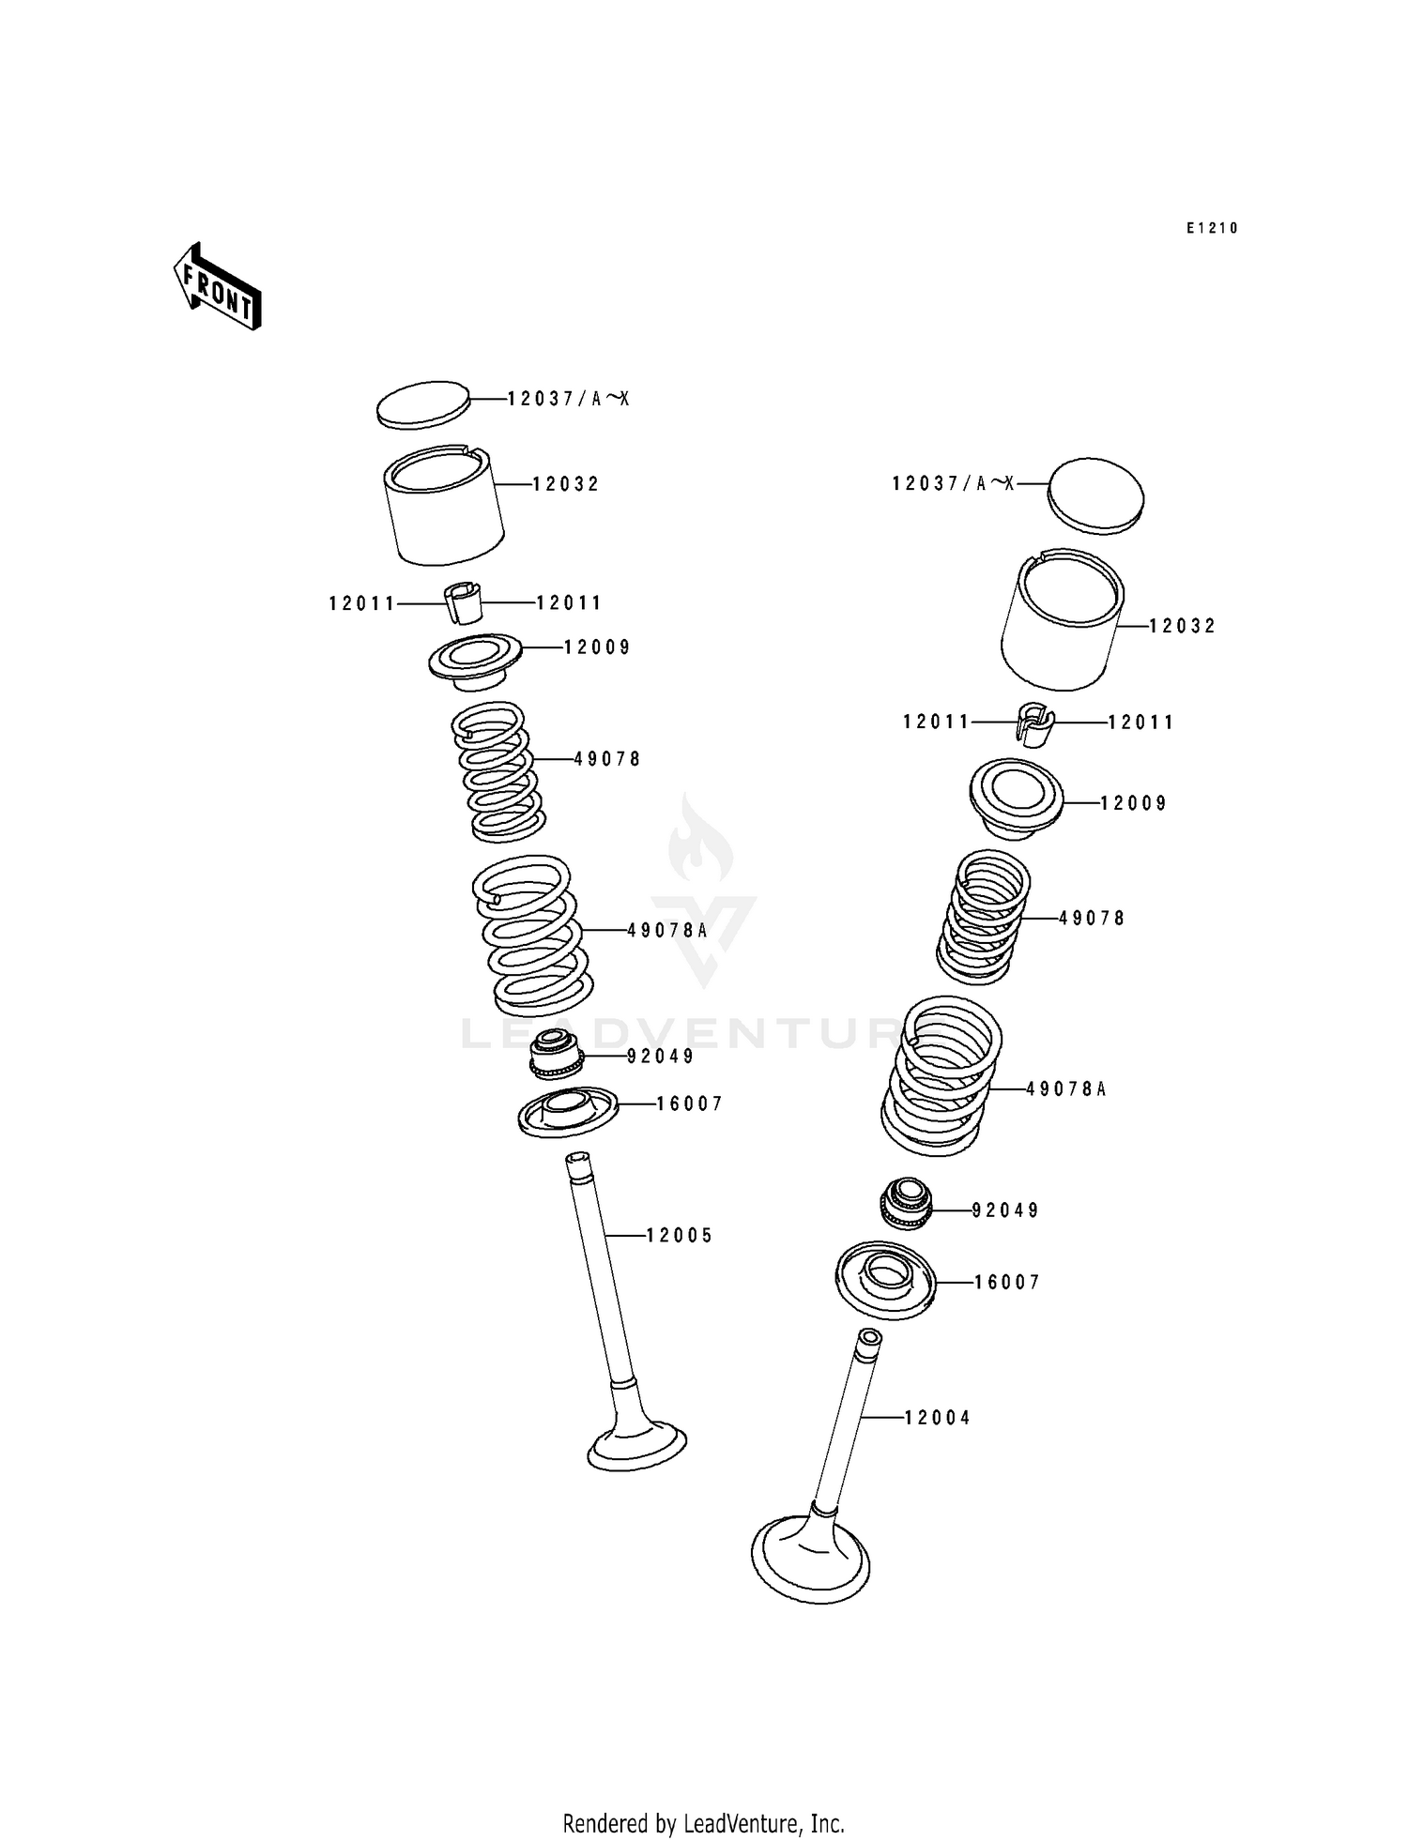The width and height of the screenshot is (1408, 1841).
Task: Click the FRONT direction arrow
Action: pyautogui.click(x=217, y=286)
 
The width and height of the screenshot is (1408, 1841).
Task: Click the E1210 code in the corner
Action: pyautogui.click(x=1212, y=228)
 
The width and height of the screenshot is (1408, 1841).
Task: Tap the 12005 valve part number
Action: pyautogui.click(x=680, y=1236)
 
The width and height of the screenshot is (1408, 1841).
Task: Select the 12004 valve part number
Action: pyautogui.click(x=937, y=1418)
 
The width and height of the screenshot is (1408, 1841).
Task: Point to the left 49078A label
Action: pyautogui.click(x=667, y=930)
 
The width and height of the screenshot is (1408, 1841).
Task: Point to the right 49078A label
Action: pyautogui.click(x=1066, y=1089)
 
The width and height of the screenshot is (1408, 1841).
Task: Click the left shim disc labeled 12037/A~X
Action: pyautogui.click(x=422, y=405)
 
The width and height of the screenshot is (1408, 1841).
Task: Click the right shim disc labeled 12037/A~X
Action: pyautogui.click(x=1095, y=496)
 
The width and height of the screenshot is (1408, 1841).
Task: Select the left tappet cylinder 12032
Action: pyautogui.click(x=444, y=507)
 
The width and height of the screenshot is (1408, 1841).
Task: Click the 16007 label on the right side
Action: pyautogui.click(x=1007, y=1283)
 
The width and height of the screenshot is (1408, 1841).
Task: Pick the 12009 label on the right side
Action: pyautogui.click(x=1133, y=803)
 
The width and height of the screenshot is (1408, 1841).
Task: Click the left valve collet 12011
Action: pyautogui.click(x=462, y=602)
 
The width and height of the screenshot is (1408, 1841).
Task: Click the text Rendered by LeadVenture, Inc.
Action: pyautogui.click(x=703, y=1823)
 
